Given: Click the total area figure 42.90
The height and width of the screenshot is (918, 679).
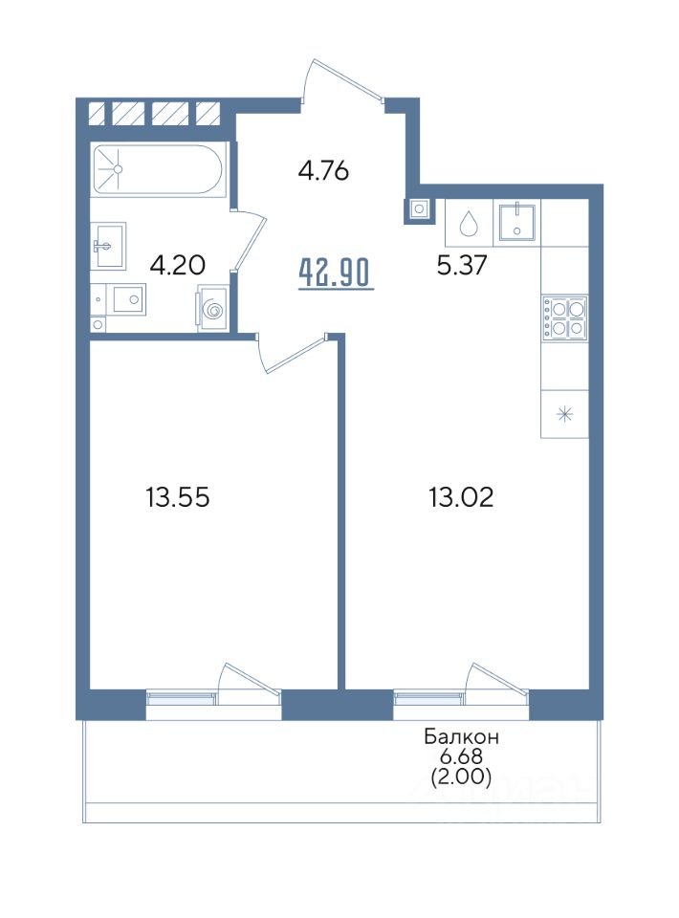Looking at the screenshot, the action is click(336, 274).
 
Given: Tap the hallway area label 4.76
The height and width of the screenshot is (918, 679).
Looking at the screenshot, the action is click(323, 171).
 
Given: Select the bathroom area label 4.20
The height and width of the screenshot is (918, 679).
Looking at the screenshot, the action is click(177, 266).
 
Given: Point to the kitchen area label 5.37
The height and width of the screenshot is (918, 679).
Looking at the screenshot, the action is click(462, 267).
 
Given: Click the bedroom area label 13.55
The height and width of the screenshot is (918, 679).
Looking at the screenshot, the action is click(178, 498).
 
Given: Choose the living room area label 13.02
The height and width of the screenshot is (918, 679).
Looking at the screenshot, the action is click(461, 498).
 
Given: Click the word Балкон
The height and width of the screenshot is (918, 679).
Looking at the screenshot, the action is click(462, 736).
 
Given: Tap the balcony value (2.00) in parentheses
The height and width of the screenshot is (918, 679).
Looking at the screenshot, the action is click(461, 776).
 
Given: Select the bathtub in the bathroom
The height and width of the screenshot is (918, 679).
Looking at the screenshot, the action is click(156, 169).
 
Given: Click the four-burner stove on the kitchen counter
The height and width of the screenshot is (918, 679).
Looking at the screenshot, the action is click(565, 317).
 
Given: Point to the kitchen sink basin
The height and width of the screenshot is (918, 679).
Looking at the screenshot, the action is click(516, 223).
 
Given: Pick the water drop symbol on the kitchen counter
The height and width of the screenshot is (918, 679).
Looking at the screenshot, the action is click(469, 223).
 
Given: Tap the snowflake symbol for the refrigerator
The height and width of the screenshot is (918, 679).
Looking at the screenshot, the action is click(565, 415).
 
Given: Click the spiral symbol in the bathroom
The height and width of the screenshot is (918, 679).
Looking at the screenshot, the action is click(212, 308).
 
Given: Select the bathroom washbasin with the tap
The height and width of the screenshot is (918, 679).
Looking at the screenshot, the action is click(109, 246).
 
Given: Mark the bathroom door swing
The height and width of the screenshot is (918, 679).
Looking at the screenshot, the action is click(249, 239).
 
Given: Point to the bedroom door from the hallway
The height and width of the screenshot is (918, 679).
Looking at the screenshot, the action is click(291, 353).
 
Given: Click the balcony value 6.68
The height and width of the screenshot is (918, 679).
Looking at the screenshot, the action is click(461, 756).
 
